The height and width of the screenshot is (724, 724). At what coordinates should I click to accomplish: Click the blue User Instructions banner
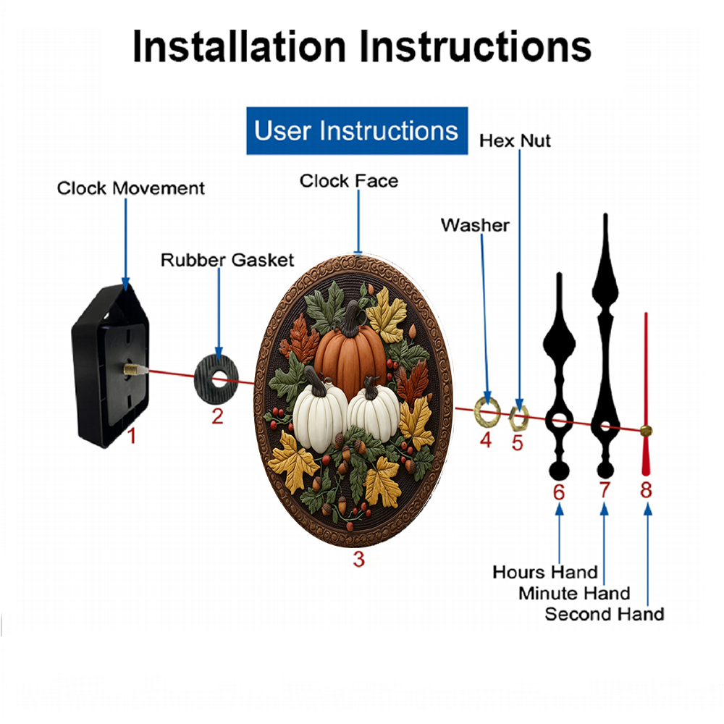pyautogui.click(x=357, y=130)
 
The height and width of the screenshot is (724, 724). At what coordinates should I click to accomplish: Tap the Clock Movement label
pyautogui.click(x=130, y=188)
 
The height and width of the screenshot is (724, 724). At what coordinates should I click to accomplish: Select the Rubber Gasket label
pyautogui.click(x=227, y=260)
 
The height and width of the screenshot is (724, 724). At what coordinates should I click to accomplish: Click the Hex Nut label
pyautogui.click(x=515, y=141)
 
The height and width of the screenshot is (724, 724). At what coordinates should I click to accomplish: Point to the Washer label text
pyautogui.click(x=475, y=225)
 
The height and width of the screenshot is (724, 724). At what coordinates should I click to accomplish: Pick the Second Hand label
pyautogui.click(x=605, y=614)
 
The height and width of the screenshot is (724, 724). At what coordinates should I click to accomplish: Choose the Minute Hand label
pyautogui.click(x=574, y=594)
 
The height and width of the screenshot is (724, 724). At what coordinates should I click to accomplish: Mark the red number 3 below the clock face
pyautogui.click(x=359, y=559)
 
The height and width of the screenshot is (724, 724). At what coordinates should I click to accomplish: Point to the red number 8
pyautogui.click(x=646, y=489)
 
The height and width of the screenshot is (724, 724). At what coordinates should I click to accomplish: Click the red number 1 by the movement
pyautogui.click(x=132, y=436)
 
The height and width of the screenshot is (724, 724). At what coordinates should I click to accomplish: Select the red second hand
pyautogui.click(x=646, y=395)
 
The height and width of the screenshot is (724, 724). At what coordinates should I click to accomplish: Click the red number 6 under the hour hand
pyautogui.click(x=559, y=492)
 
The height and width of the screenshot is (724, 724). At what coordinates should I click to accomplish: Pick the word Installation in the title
pyautogui.click(x=239, y=46)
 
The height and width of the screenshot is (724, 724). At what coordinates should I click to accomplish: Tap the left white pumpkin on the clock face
pyautogui.click(x=319, y=413)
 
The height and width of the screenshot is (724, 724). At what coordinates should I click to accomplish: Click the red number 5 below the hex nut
pyautogui.click(x=517, y=443)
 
